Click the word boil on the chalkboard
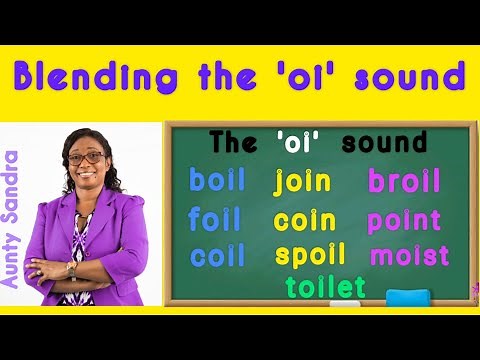(217, 181)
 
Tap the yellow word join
(302, 182)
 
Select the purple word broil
(404, 181)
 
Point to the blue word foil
(215, 219)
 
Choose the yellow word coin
(304, 219)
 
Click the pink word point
(404, 220)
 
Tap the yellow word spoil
(310, 254)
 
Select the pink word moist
(409, 254)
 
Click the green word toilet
(325, 286)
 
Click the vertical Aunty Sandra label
(12, 219)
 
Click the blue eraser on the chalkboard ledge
(407, 297)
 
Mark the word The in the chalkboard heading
(232, 142)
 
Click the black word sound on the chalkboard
(384, 142)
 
